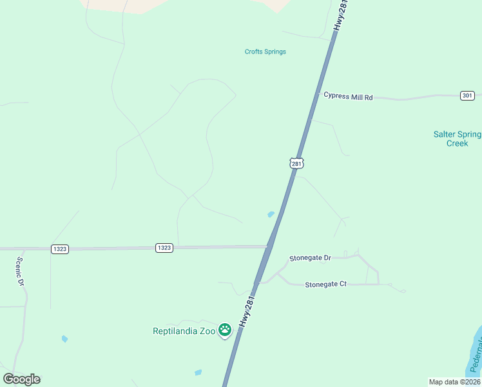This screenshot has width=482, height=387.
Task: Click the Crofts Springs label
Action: point(265,52)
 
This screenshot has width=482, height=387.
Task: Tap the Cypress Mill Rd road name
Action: point(348,97)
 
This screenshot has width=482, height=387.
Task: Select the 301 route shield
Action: point(468,95)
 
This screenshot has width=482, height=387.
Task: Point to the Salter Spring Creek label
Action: point(457,139)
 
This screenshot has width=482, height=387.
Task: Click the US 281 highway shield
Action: point(296,163)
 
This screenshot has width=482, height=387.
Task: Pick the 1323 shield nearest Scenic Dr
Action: point(60,248)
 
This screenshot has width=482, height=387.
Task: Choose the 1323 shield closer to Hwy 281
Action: point(164,248)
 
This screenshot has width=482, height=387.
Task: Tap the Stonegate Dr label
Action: point(310,257)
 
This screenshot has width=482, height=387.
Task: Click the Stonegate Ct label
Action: point(325,284)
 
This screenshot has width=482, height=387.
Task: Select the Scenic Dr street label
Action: point(19,272)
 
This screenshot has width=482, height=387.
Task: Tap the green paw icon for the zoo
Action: point(224,330)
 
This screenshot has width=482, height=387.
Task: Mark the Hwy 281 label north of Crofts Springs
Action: point(341,16)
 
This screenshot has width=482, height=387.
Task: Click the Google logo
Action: point(21,379)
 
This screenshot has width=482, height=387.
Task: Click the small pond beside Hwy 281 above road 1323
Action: point(271,214)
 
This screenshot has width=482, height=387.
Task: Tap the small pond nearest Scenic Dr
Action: point(64,339)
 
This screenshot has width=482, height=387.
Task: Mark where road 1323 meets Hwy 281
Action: point(268,246)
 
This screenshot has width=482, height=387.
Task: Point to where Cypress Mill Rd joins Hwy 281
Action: point(319,94)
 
